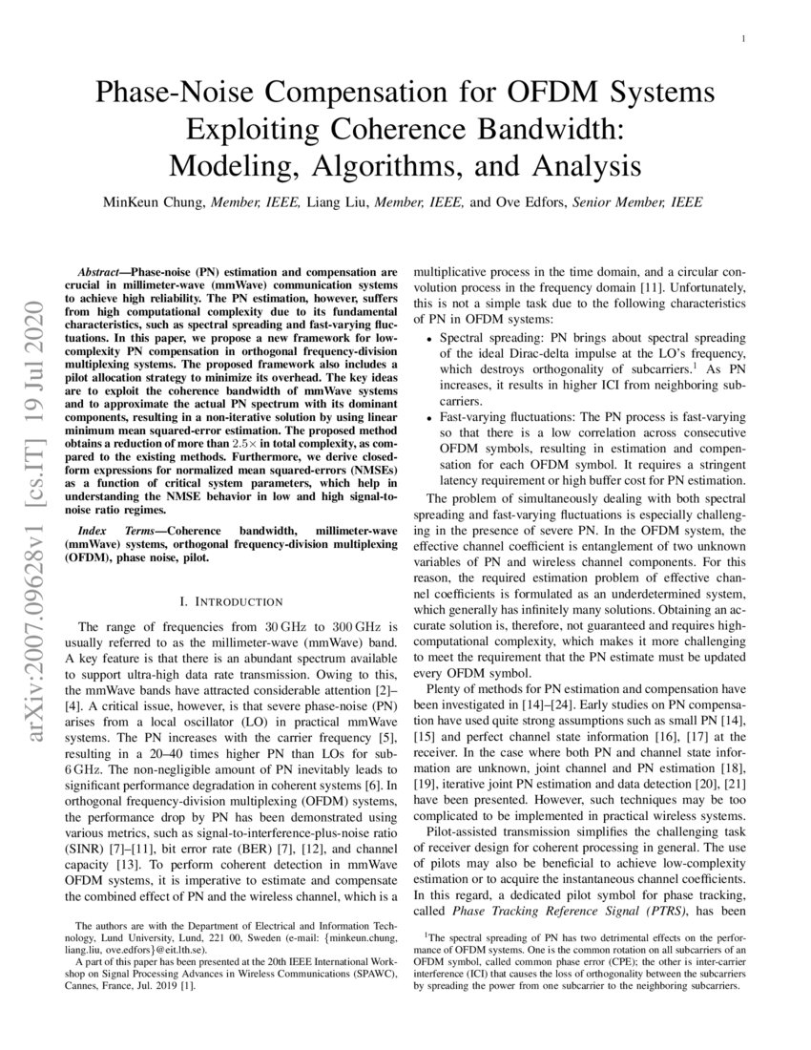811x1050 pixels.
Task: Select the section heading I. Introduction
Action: coord(231,601)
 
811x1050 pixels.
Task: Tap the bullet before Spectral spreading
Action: coord(430,340)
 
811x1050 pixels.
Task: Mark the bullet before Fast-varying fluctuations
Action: coord(430,418)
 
